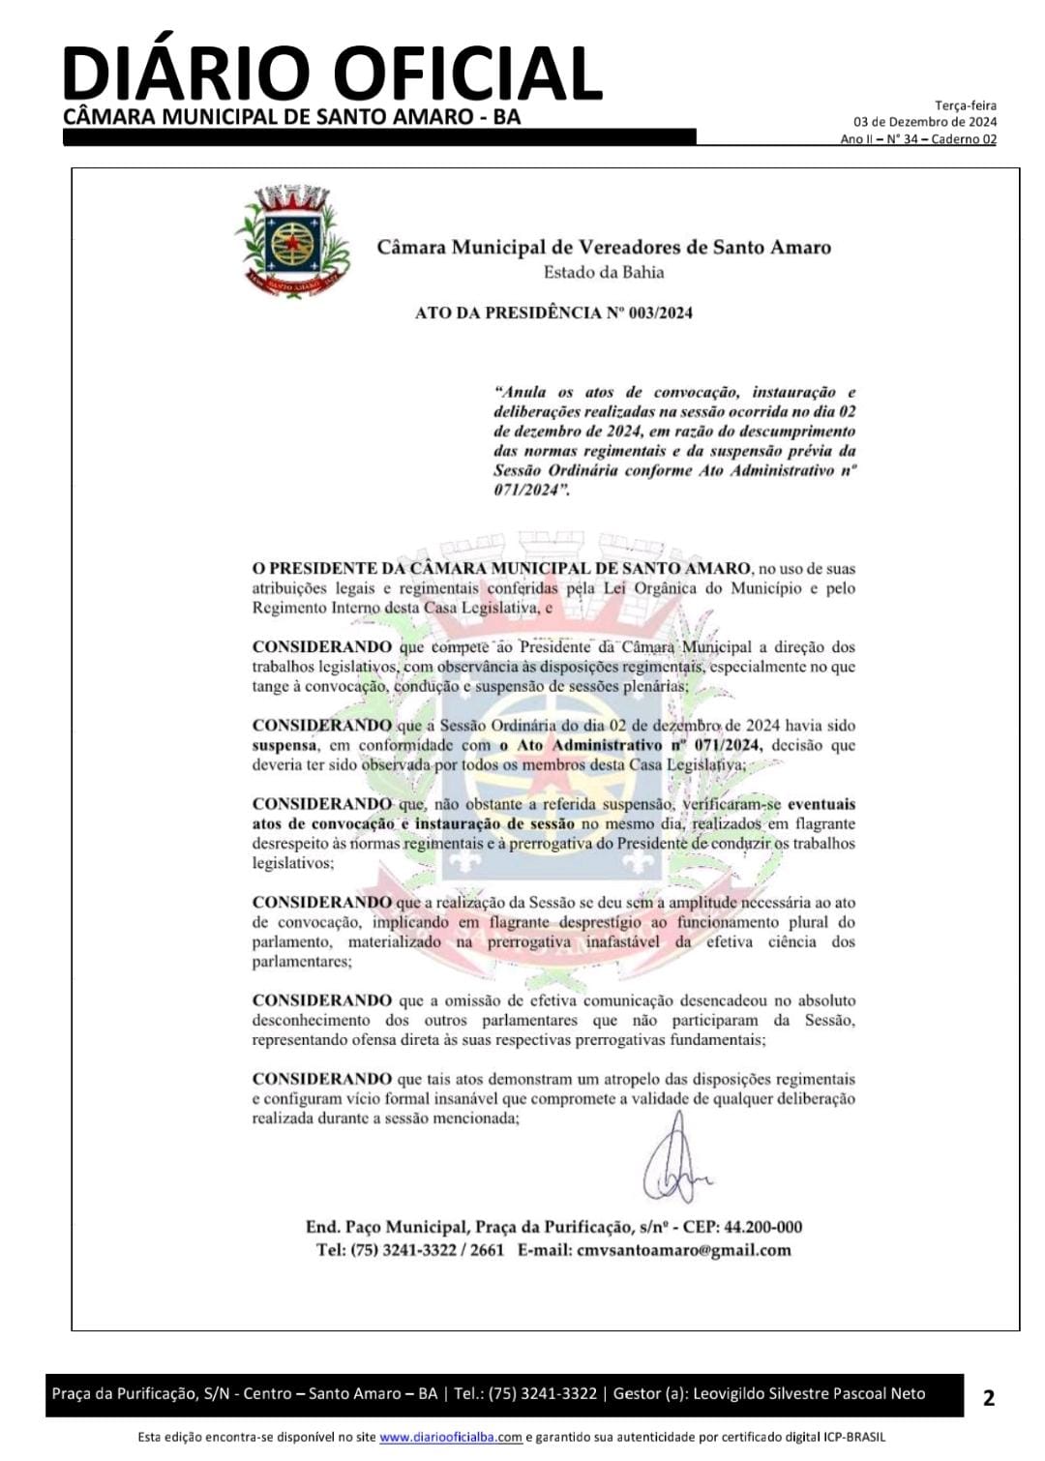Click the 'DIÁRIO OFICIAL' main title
(x=332, y=73)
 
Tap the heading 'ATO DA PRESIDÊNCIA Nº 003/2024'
(x=553, y=313)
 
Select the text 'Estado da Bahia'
(x=604, y=272)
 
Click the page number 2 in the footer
(x=988, y=1397)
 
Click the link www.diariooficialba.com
(x=450, y=1437)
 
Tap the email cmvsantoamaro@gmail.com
(x=683, y=1249)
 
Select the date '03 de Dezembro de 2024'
(x=924, y=122)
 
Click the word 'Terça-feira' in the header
(x=965, y=105)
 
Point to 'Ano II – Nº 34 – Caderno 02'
(x=917, y=139)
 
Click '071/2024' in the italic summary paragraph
(x=526, y=490)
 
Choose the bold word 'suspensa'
(x=284, y=745)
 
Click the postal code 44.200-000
(x=762, y=1227)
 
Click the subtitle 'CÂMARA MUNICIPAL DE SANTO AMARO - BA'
(x=291, y=117)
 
